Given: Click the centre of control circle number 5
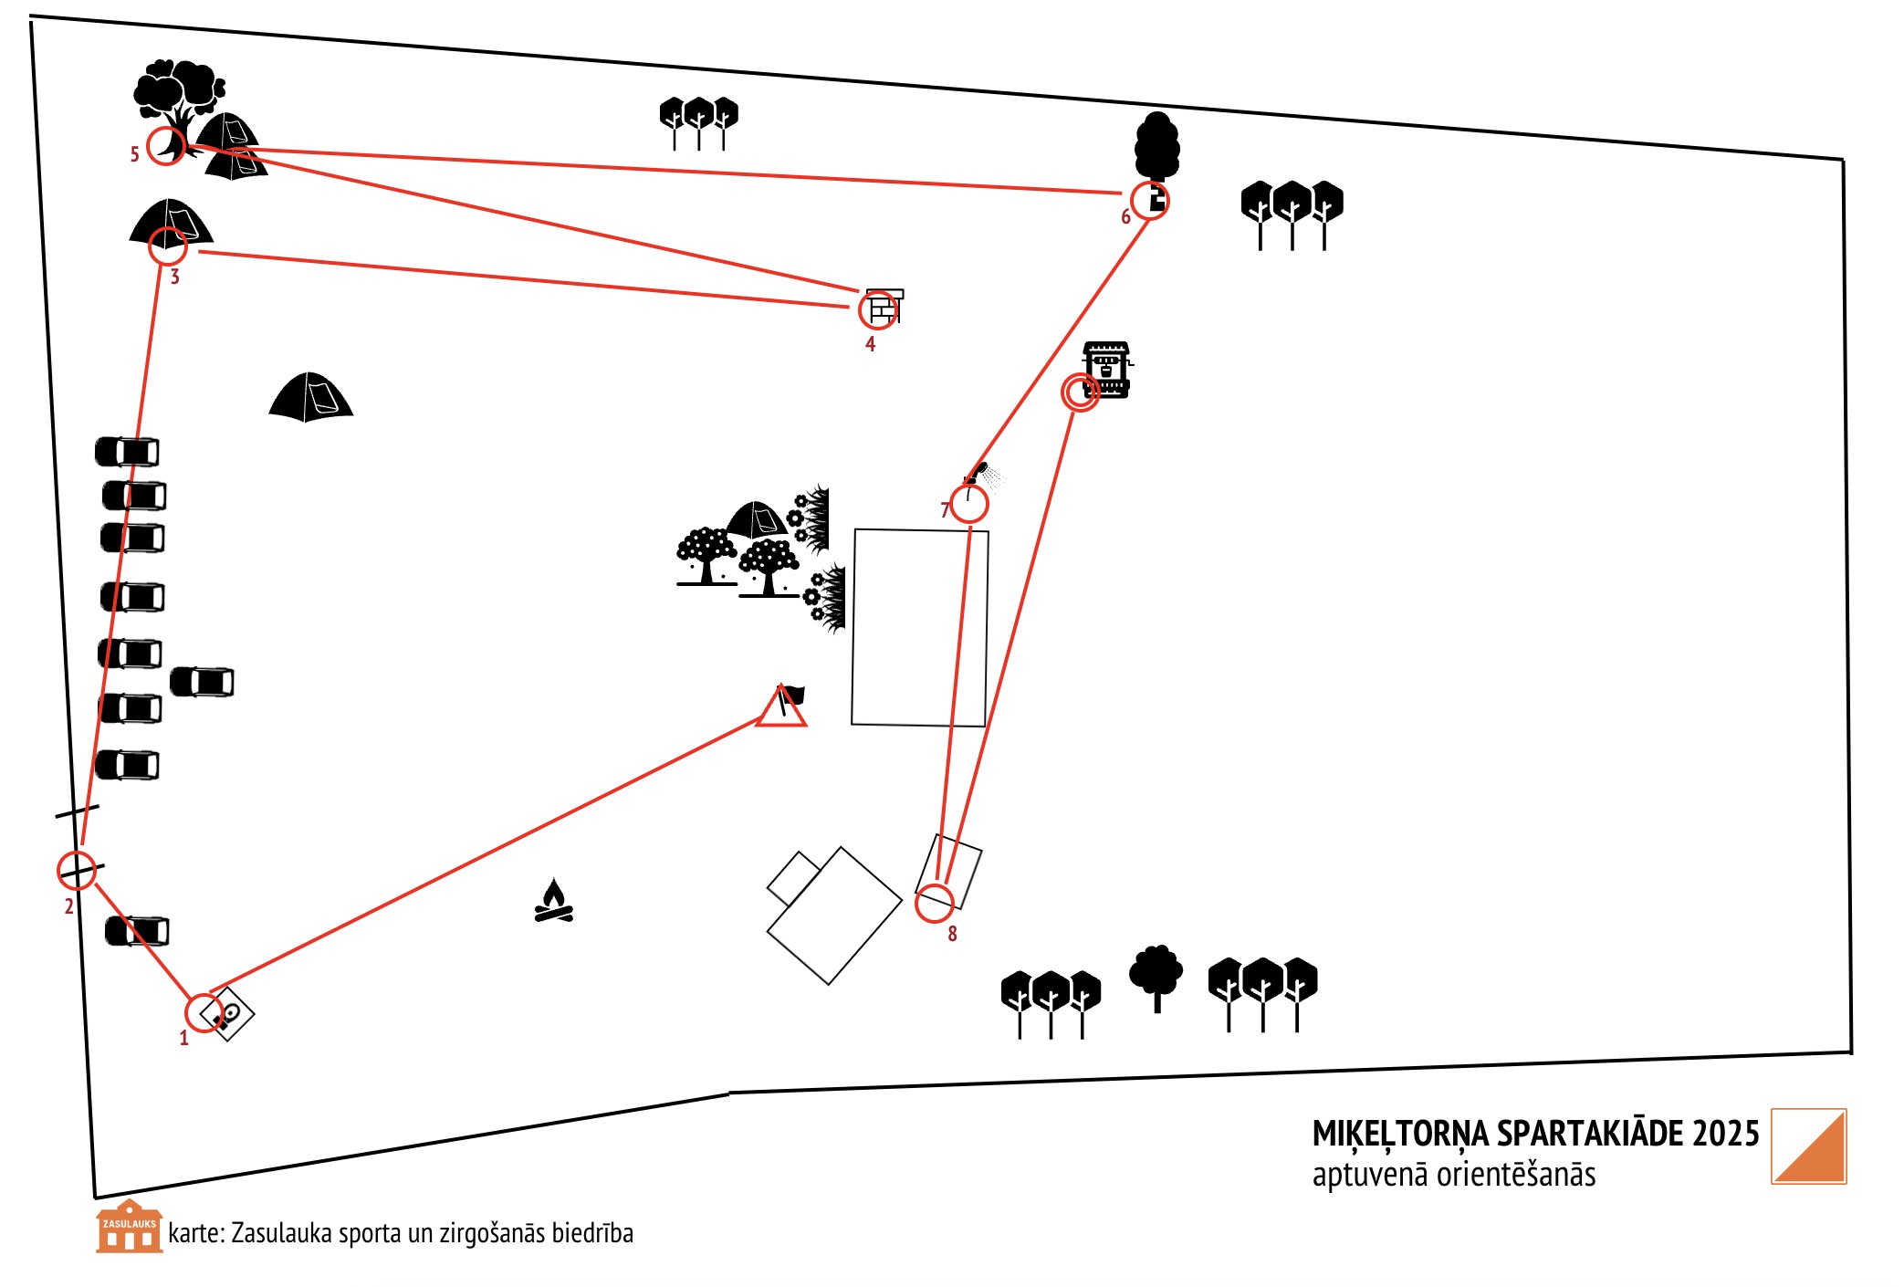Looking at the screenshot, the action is (167, 145).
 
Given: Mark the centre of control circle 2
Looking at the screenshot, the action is (77, 871).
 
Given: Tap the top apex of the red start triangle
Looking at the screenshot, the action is (780, 686).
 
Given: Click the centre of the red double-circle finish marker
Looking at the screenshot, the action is (1081, 392).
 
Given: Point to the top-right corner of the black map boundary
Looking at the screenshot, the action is (1843, 160).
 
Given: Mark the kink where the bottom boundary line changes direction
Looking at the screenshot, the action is (729, 1093).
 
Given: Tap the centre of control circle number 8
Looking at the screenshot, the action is (935, 904).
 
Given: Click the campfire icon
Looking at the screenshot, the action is (554, 901).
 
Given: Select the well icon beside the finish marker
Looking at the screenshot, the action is (1107, 370).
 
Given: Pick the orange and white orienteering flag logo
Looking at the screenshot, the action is (1809, 1146).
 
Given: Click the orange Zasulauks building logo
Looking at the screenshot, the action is (130, 1226).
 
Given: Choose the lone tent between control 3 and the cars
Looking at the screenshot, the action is (310, 397).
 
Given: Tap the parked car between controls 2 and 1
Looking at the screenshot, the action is (137, 931).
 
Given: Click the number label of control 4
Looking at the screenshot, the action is (870, 344).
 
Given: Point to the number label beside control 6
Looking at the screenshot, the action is (1125, 216).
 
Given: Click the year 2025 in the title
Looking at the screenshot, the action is (1725, 1134).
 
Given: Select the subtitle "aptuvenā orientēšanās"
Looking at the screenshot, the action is (1454, 1174).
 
